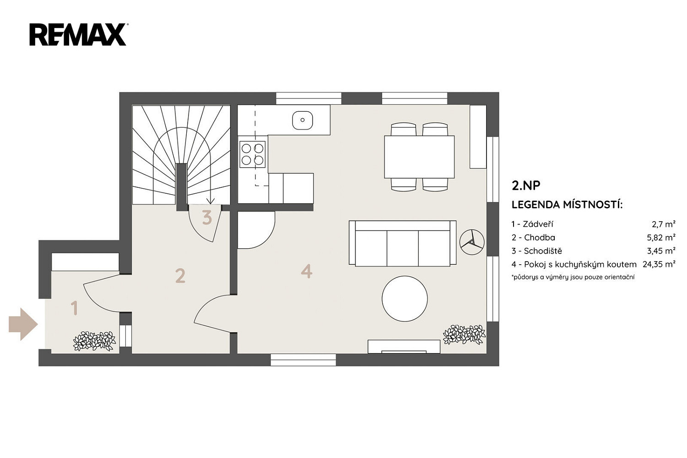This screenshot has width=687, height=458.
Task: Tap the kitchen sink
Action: pos(303,120)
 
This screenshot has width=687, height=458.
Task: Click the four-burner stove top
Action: pos(252,154)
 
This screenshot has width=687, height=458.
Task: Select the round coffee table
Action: pos(405,299)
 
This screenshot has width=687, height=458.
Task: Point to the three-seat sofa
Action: pos(402,243)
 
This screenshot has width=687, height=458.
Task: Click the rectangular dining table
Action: pos(419,157)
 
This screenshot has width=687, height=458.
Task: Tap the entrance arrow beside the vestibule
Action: pos(23,324)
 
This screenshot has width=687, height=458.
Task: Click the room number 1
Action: pos(74,308)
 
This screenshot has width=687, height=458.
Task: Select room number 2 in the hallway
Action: pos(180,276)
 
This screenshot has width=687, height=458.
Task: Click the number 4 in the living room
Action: pos(307,271)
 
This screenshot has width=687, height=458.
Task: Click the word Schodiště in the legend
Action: pos(543,251)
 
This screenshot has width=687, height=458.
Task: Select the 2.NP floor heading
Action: pos(526,185)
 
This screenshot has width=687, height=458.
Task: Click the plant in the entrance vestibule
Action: pos(94,341)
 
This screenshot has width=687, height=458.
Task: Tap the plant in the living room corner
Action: pos(465,335)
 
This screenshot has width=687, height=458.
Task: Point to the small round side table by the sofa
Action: pos(472,242)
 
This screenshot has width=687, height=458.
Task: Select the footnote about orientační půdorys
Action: pos(573,277)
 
